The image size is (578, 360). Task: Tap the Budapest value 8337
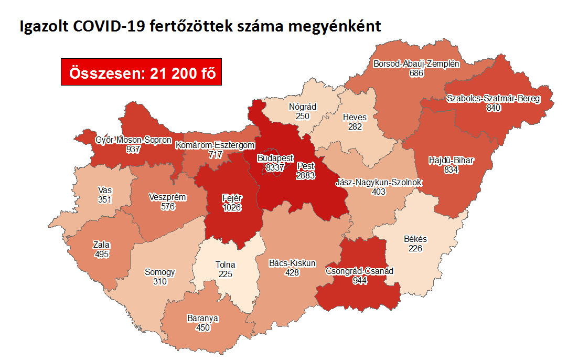tap(275, 167)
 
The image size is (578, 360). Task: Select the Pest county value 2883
tap(305, 176)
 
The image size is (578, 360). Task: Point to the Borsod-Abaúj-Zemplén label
tap(416, 65)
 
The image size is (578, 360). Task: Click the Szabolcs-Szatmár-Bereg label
tap(493, 99)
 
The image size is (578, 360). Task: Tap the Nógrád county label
tap(303, 107)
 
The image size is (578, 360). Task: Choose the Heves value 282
tap(355, 126)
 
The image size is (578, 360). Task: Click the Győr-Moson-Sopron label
tap(133, 140)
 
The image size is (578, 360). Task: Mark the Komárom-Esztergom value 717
tap(216, 154)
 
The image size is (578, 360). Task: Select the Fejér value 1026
tap(231, 208)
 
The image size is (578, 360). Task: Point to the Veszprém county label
tap(168, 197)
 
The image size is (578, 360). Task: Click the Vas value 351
tap(104, 199)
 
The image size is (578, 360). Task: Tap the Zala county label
tap(101, 245)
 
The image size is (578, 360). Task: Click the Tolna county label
tap(226, 265)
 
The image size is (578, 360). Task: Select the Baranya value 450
tap(203, 328)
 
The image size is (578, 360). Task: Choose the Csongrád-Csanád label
tap(360, 271)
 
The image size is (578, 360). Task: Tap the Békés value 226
tap(415, 248)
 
